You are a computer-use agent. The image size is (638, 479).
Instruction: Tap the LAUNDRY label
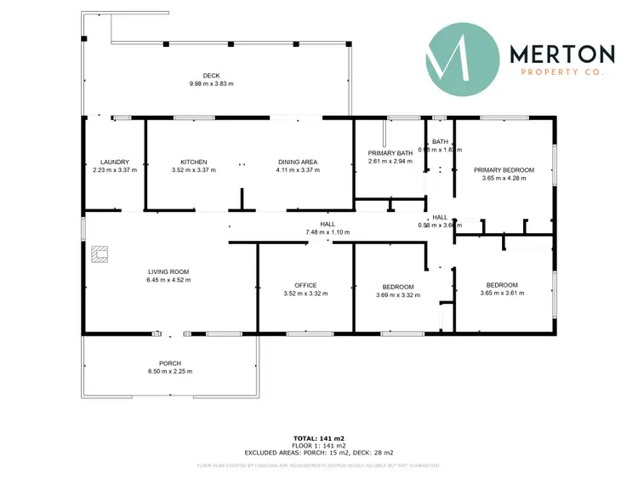[x=114, y=162]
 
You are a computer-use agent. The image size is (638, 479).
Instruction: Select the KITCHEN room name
[x=194, y=162]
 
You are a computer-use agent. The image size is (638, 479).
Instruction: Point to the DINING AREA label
[x=298, y=162]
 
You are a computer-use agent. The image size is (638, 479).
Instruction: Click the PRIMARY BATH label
[x=390, y=153]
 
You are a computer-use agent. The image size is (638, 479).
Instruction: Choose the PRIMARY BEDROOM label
[x=504, y=170]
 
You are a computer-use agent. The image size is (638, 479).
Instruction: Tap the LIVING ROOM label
[x=168, y=271]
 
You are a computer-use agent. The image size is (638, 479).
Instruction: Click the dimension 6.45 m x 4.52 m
[x=168, y=279]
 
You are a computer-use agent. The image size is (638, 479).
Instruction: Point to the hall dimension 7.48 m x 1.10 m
[x=328, y=232]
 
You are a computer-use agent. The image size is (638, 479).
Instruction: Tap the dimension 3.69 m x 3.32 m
[x=399, y=294]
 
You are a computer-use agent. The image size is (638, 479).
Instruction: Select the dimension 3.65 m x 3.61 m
[x=504, y=293]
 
